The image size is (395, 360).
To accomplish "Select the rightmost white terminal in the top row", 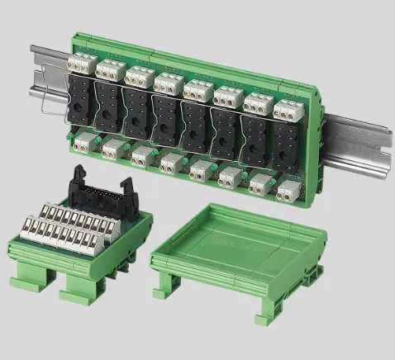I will coord(284,108).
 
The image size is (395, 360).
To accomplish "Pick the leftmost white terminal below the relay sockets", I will coord(83,141).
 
